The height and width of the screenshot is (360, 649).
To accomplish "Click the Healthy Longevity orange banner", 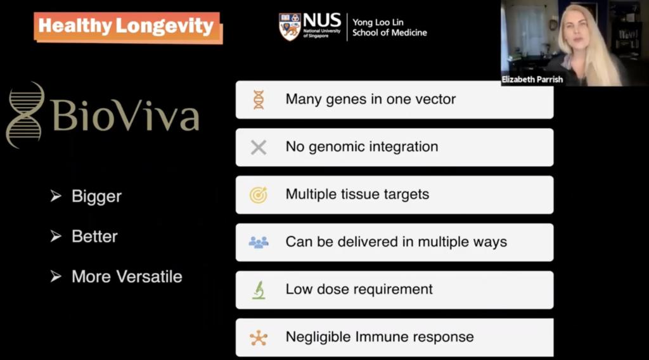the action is [x=128, y=27].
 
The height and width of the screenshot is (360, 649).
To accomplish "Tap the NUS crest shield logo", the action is [x=290, y=27].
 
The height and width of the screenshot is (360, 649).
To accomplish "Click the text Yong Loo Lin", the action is [x=378, y=22].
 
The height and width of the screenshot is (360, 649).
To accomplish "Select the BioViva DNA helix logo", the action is [x=25, y=115].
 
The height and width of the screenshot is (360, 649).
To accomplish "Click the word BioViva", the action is [x=125, y=115].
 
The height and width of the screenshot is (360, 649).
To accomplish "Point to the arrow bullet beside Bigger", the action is [x=56, y=196].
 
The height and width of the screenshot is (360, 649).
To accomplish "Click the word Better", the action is [x=95, y=236].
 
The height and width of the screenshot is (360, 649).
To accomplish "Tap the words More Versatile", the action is [x=127, y=276].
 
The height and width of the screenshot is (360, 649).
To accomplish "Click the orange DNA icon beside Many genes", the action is [x=259, y=100].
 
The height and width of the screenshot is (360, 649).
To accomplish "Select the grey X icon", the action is [x=259, y=147].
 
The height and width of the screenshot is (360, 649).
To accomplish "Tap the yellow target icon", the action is [x=259, y=195].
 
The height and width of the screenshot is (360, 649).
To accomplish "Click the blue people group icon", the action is [x=259, y=242].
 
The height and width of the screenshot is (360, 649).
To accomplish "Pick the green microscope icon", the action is [x=259, y=290].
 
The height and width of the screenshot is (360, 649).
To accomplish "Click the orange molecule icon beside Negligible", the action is [x=259, y=338].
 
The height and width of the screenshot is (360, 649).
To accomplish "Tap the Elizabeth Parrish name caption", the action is [x=532, y=79].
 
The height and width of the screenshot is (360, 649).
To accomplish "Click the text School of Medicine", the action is [x=390, y=33].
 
